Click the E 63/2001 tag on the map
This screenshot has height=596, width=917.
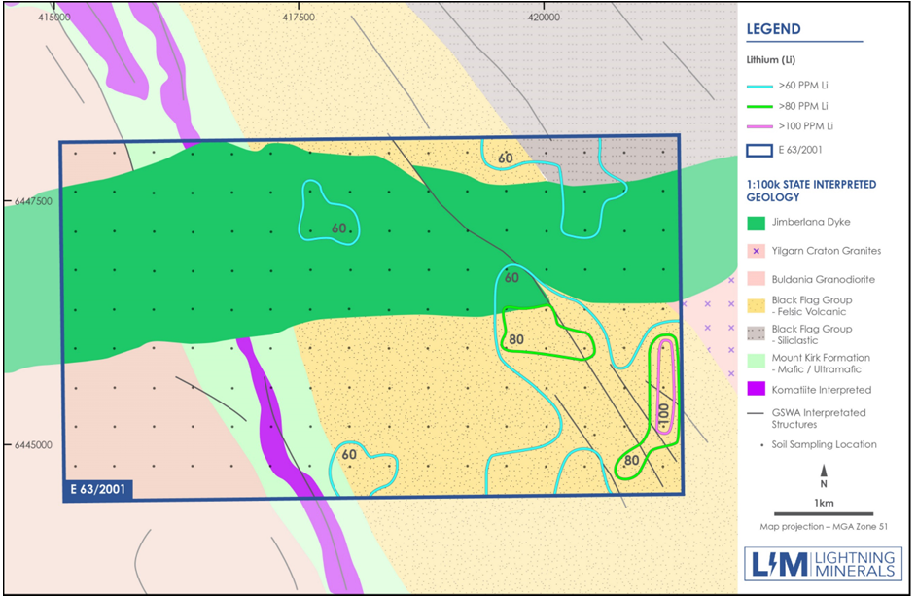(97, 487)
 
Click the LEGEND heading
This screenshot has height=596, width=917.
(774, 29)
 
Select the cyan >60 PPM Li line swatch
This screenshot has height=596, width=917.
(758, 87)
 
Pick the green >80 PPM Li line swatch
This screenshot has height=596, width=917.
(758, 107)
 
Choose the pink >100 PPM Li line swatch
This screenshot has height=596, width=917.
(758, 127)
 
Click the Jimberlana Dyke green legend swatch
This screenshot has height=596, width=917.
(758, 222)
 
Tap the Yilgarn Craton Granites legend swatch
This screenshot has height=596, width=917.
(758, 250)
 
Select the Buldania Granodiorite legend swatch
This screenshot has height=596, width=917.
(758, 279)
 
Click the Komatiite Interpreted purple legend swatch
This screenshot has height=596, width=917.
(758, 390)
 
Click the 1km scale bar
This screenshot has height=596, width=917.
(823, 513)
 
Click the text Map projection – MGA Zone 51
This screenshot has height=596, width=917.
(823, 527)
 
